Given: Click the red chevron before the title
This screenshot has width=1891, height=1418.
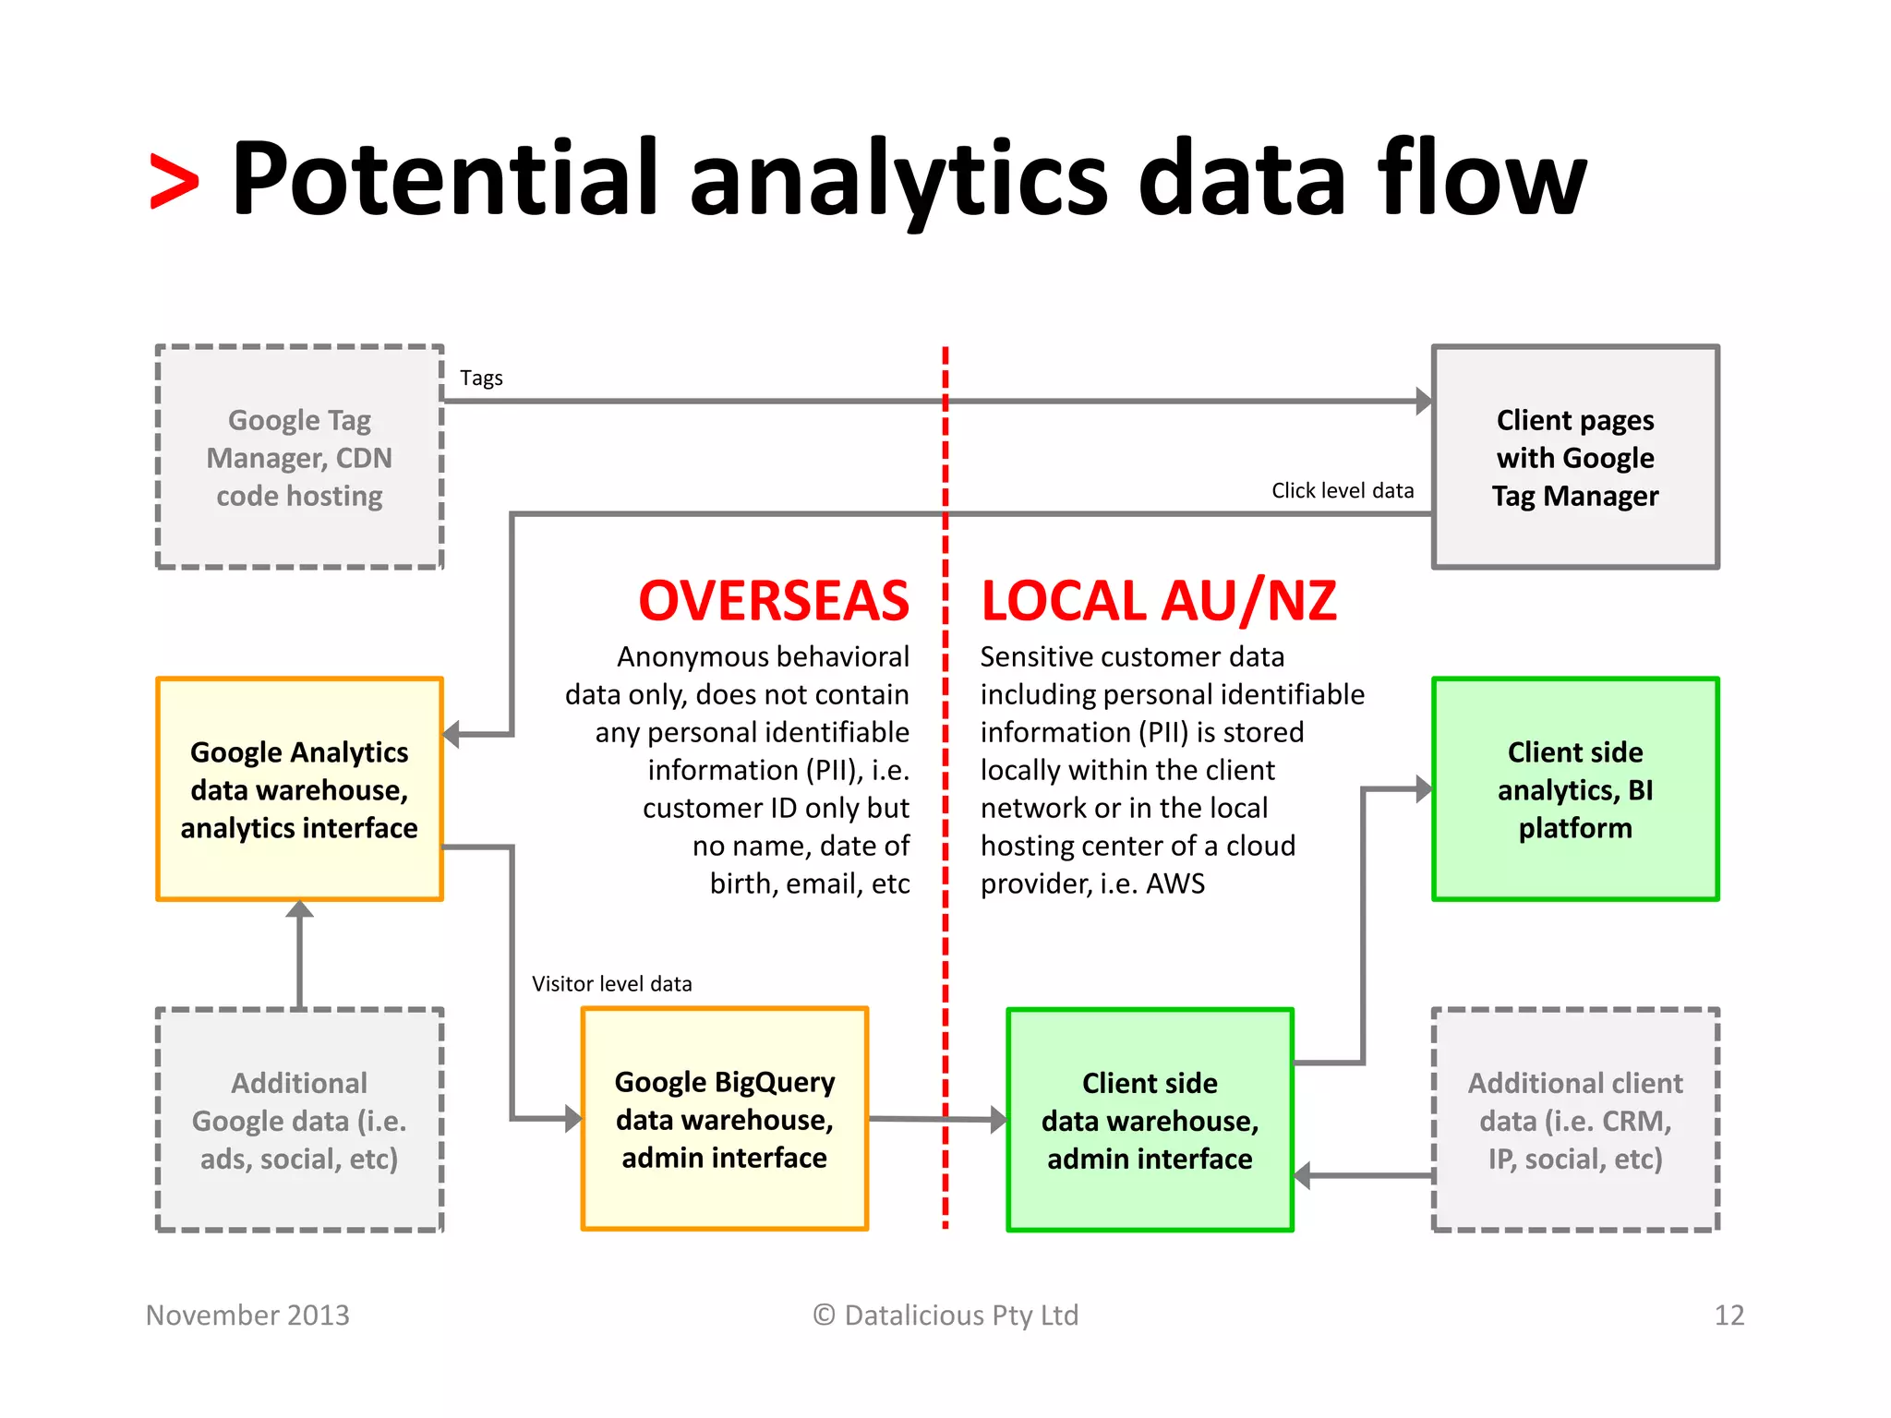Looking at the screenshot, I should [175, 182].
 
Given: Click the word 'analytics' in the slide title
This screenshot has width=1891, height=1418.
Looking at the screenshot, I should [897, 180].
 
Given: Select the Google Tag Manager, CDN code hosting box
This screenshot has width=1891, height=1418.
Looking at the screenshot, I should [299, 458].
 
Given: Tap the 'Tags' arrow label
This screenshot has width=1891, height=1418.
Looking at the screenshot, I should [481, 379].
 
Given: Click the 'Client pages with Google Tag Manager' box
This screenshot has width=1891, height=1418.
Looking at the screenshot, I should [1575, 458].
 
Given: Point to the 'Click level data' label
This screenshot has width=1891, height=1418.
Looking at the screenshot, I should [1342, 491].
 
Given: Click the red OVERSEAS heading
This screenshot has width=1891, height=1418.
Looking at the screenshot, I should [774, 601].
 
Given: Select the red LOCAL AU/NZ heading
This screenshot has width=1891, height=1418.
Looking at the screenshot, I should [1158, 601].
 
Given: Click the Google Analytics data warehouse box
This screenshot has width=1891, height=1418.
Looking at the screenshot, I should [299, 789].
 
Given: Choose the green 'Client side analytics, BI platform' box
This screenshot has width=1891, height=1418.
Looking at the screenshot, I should [1575, 789].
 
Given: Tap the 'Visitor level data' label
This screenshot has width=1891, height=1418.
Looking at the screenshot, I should [611, 984].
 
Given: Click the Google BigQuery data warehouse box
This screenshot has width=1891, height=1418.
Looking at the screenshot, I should [724, 1119].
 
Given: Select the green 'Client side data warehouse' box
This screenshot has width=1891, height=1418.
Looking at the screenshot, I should [1150, 1120].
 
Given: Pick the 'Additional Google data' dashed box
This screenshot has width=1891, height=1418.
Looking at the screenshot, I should [299, 1120].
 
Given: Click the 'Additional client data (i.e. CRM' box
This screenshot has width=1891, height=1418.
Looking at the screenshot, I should [1575, 1120].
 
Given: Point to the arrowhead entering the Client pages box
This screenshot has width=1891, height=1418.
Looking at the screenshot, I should [1424, 402].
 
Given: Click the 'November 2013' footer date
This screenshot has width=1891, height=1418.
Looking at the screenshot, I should [247, 1315].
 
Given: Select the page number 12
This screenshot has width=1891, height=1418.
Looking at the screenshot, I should [1728, 1315].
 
